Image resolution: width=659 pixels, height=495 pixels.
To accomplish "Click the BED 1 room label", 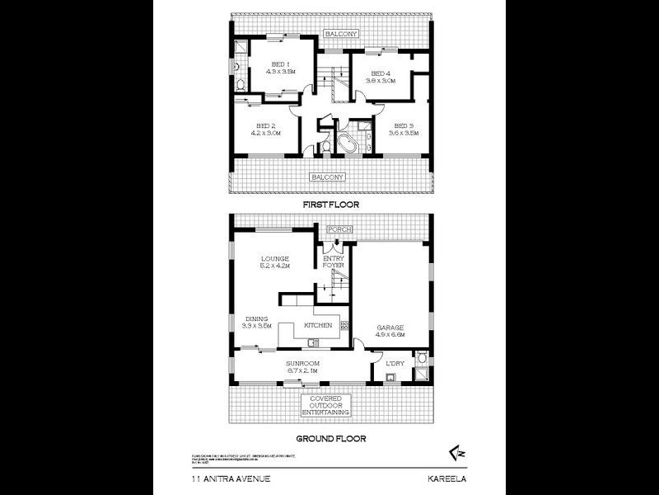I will pos(281,64).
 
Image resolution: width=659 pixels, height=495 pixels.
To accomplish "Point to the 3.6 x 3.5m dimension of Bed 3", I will pos(404,133).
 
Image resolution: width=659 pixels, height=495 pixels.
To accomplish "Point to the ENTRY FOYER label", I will pos(334,262).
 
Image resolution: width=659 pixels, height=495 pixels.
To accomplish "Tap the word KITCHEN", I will pos(318,326).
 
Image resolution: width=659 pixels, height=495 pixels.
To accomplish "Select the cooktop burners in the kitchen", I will pos(345,325).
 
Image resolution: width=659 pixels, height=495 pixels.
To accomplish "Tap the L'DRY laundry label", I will pos(394,363).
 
